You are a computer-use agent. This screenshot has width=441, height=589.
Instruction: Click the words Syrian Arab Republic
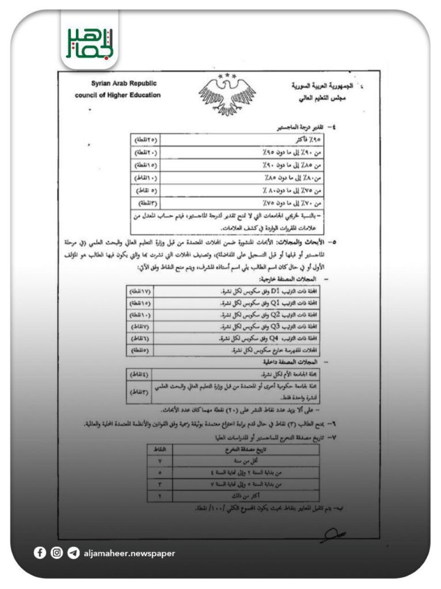tap(123, 83)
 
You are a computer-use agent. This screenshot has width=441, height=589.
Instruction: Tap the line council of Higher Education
tap(118, 95)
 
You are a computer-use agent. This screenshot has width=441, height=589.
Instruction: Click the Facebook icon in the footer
tap(40, 553)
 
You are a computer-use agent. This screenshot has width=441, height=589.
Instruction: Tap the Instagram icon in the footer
tap(56, 553)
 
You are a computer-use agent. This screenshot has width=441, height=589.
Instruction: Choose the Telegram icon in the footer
tap(73, 553)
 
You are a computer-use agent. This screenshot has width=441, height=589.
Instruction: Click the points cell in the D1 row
tap(139, 292)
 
